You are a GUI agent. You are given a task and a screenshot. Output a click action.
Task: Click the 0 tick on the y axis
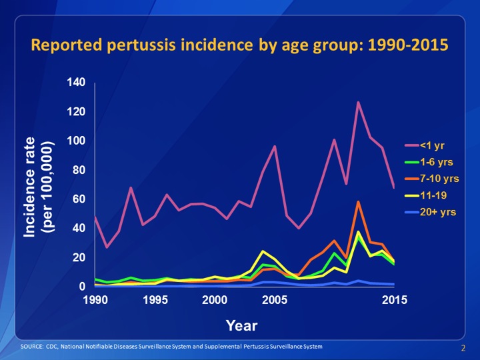point(83,287)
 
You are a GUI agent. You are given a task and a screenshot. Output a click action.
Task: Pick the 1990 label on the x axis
point(95,301)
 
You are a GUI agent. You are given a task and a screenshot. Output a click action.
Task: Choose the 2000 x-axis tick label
point(215,301)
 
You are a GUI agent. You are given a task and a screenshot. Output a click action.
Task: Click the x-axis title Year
point(241,325)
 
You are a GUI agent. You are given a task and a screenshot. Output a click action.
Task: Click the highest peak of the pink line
point(358,103)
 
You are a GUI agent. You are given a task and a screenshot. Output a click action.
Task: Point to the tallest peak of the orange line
point(358,202)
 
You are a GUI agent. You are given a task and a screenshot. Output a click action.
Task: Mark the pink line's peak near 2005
point(275,146)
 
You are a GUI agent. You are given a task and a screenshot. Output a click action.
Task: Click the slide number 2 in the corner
point(463,349)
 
